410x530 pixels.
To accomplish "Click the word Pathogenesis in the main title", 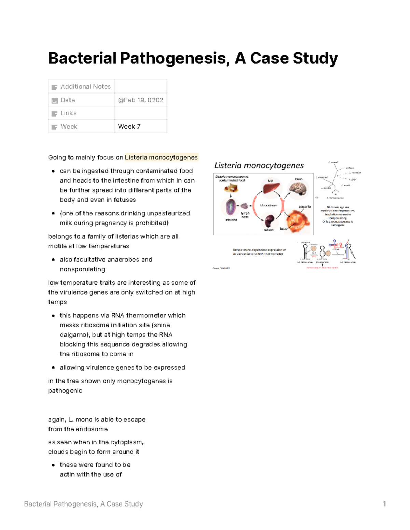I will [x=173, y=58].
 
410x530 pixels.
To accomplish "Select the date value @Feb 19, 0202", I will [x=140, y=100].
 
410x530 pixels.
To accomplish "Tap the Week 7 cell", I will [x=129, y=127].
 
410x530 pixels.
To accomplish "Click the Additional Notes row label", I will [x=85, y=87].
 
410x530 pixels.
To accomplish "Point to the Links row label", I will [x=68, y=113].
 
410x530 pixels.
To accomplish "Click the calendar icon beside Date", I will [x=54, y=100].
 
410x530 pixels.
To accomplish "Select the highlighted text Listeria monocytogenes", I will [x=161, y=157].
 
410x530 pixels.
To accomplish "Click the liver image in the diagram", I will [x=271, y=188].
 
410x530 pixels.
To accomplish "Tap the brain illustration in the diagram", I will [x=298, y=188].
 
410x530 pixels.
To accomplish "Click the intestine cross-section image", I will [x=231, y=206].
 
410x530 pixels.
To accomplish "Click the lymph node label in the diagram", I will [x=245, y=215].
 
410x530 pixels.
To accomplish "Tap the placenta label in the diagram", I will [x=304, y=206].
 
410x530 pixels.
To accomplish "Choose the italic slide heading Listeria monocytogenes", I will [x=259, y=166].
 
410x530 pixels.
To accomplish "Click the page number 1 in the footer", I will [x=384, y=504].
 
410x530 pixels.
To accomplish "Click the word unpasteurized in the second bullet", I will [x=168, y=213].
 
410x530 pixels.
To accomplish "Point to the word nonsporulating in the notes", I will [x=82, y=269].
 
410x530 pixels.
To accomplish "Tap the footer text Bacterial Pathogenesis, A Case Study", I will [x=83, y=504].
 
